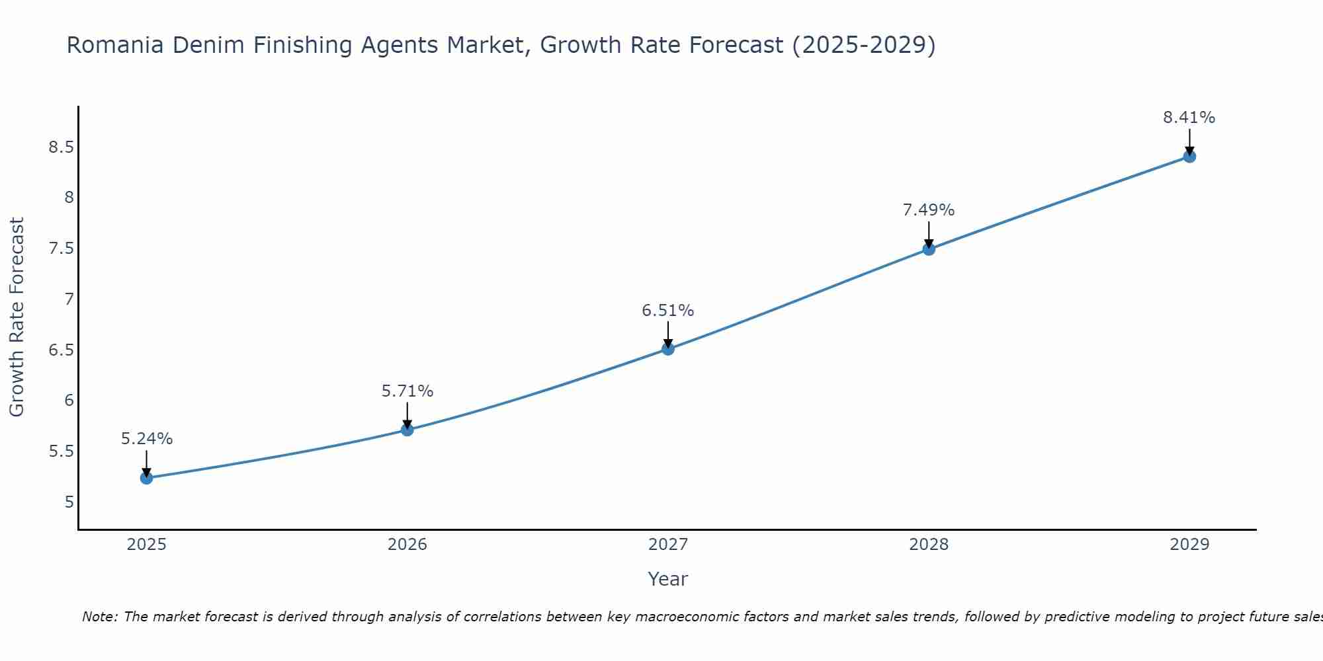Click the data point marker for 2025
[x=146, y=478]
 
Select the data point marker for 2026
[x=407, y=430]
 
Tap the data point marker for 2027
[x=668, y=349]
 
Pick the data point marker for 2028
[x=929, y=249]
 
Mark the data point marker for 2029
[x=1189, y=157]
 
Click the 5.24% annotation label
[x=147, y=439]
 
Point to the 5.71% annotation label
[x=407, y=391]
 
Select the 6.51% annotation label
[x=668, y=311]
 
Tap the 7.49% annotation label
[x=929, y=210]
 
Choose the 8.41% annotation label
[x=1189, y=118]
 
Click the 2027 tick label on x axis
[x=668, y=545]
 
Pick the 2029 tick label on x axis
[x=1189, y=545]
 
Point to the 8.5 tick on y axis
[x=61, y=147]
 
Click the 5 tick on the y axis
[x=69, y=502]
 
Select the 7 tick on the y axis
[x=69, y=299]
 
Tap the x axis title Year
[x=668, y=579]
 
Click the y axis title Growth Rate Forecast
[x=17, y=317]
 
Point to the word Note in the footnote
[x=99, y=617]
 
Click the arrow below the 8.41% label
[x=1189, y=141]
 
